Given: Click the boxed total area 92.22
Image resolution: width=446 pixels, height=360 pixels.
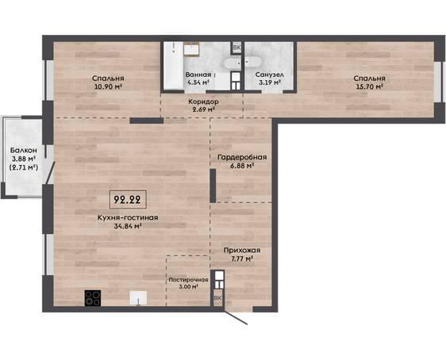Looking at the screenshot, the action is click(128, 200).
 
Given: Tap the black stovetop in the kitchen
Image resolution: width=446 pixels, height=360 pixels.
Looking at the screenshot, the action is click(93, 298).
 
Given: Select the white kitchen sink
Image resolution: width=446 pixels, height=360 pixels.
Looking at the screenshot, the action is click(138, 298).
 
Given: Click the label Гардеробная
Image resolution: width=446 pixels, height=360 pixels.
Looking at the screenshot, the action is click(242, 157).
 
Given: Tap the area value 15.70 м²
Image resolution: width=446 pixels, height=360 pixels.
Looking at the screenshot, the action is click(369, 86).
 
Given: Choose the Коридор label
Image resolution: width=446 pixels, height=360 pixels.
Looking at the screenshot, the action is click(203, 101).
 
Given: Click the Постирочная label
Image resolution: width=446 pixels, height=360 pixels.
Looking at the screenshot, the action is click(188, 280).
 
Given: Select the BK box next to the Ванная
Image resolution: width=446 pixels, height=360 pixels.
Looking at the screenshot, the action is click(236, 48).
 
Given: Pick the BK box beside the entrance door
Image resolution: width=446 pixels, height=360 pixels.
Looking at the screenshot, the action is click(217, 298).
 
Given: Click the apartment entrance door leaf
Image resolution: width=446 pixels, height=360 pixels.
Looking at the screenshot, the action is click(235, 317).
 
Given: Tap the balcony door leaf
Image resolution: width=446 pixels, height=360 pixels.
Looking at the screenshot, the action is click(51, 173).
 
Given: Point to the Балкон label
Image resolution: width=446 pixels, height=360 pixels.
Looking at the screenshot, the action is click(24, 150).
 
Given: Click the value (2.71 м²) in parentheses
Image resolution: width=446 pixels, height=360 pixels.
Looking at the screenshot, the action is click(24, 167).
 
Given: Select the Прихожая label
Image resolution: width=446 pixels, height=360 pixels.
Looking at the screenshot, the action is click(242, 251).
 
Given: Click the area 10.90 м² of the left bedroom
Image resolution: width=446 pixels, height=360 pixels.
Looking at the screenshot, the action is click(109, 86).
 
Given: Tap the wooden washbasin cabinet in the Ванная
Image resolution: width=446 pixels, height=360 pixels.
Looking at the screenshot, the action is click(191, 49).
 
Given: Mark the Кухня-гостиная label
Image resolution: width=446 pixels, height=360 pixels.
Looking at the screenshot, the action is click(128, 217).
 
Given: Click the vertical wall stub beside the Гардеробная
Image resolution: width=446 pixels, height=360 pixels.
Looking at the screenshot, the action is click(213, 186).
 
